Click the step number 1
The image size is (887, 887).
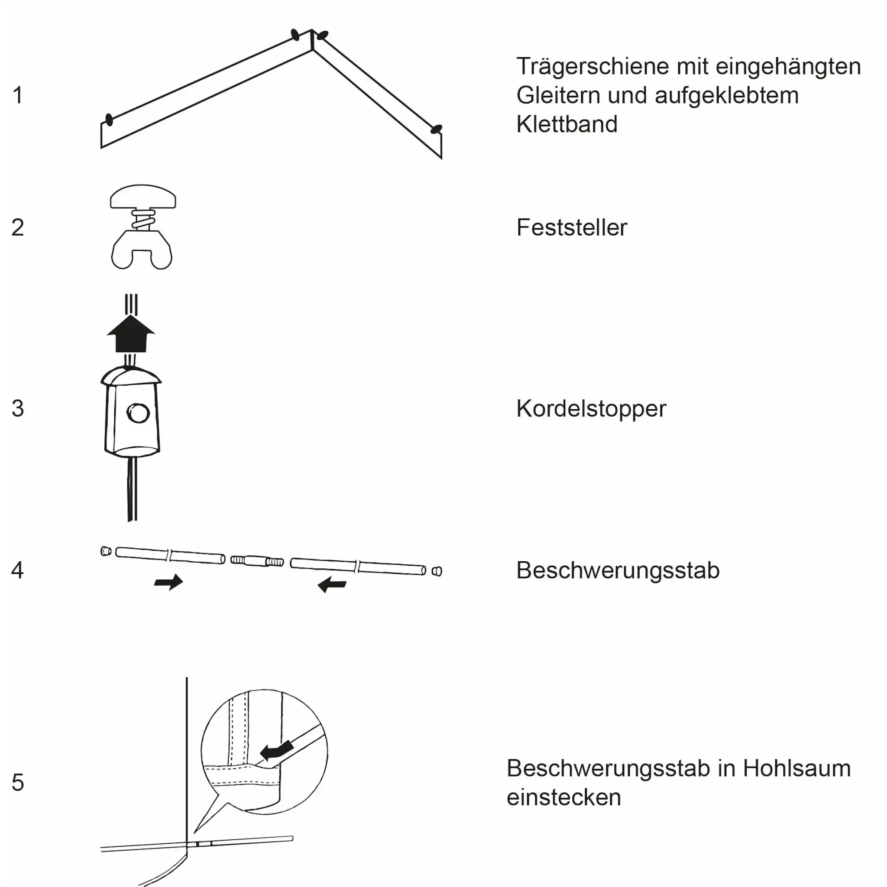[17, 95]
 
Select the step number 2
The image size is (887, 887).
[17, 227]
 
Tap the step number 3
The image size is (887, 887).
[17, 408]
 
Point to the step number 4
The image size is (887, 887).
[17, 570]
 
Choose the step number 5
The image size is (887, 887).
[17, 782]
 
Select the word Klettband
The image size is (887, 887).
[567, 124]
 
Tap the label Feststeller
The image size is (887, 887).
[572, 227]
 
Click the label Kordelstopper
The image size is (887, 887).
[591, 408]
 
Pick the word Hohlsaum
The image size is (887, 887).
[796, 769]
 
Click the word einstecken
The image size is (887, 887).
[563, 797]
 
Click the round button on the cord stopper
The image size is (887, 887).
[138, 413]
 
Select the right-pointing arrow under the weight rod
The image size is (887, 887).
[168, 582]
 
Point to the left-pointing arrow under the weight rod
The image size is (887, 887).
[332, 584]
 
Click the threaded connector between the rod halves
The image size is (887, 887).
[257, 560]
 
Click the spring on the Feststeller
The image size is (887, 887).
[142, 220]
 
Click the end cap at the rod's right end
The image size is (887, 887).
[437, 571]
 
